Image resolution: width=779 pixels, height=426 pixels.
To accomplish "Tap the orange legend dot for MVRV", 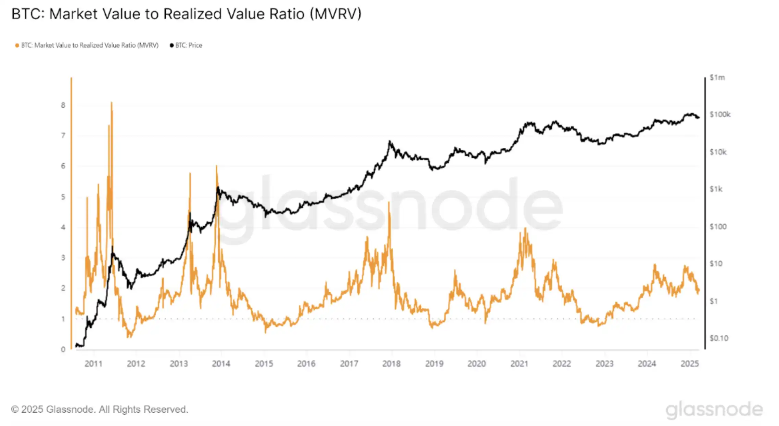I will [x=17, y=45].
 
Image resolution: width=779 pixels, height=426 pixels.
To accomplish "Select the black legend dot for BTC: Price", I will [x=171, y=45].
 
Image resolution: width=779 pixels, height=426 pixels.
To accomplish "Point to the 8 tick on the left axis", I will [x=63, y=105].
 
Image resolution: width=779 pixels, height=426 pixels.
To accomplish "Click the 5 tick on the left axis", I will [x=63, y=197].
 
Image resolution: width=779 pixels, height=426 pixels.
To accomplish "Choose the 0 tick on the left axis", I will [x=63, y=349].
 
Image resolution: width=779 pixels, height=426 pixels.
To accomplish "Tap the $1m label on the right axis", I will [x=717, y=78].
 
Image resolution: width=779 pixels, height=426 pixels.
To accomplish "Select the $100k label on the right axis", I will [x=720, y=115].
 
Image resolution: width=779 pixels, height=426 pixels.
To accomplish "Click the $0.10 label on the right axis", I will [x=719, y=338].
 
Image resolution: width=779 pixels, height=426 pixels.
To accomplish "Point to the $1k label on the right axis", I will [x=716, y=189].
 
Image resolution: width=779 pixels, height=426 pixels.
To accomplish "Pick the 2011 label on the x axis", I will [x=93, y=364].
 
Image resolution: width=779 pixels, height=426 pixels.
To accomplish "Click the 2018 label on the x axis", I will [x=391, y=364].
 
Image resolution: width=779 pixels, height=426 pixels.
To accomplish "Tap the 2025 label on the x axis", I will [x=689, y=364].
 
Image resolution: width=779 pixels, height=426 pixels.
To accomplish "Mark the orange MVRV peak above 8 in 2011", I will [x=112, y=103].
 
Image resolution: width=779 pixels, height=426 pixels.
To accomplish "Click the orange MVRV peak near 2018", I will [x=389, y=202].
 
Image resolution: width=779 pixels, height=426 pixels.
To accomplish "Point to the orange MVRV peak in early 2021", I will [x=525, y=228].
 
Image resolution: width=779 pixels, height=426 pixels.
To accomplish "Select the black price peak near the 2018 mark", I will [x=389, y=141].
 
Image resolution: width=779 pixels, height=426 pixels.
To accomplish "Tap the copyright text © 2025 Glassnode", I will [x=100, y=409].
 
